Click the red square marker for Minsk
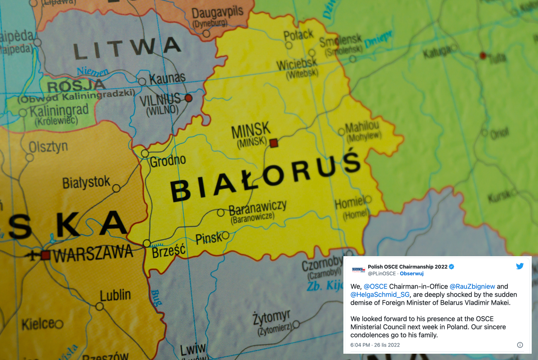(274, 143)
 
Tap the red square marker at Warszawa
(45, 255)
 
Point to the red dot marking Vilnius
(188, 98)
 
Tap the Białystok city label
(86, 183)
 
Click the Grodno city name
(168, 161)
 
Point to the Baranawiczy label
(258, 209)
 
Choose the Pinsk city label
(209, 238)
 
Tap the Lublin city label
(116, 296)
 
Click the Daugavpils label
(218, 12)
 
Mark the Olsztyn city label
(48, 147)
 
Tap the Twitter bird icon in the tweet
(520, 266)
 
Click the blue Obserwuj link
(412, 273)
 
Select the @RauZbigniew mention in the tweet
(472, 286)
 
